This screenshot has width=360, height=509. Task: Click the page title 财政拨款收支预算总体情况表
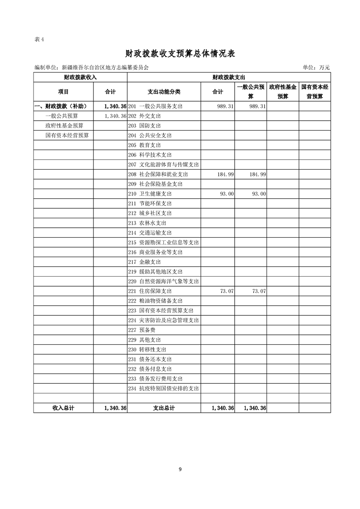[180, 54]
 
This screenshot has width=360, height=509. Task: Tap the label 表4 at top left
[39, 39]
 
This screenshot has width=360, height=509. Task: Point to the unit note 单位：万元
[316, 68]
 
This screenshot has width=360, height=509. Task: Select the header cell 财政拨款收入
[80, 78]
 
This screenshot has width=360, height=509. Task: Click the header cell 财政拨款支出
[229, 78]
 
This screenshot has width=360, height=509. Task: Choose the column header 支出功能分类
[164, 92]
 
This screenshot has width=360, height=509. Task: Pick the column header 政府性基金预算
[283, 92]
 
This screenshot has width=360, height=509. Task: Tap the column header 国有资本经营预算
[315, 92]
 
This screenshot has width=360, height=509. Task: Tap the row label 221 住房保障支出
[150, 291]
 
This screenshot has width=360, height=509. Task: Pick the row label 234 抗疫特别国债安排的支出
[164, 389]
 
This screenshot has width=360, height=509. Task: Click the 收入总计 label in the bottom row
[64, 408]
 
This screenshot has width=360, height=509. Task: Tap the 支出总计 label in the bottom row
[164, 408]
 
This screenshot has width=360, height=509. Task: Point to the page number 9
[180, 469]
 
